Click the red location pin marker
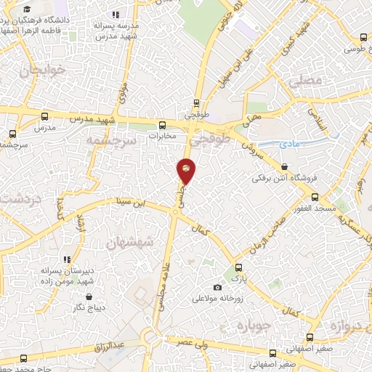187,170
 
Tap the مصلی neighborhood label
305,81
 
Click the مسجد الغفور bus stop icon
315,197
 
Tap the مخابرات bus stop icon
163,124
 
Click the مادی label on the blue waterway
288,144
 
